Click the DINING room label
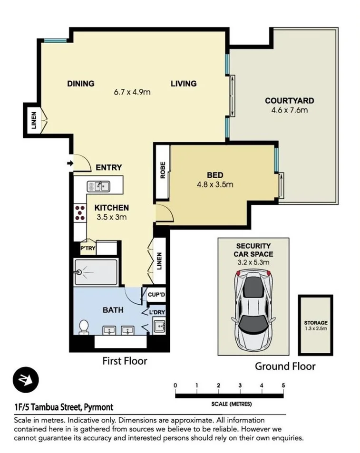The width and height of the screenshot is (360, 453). [x=80, y=84]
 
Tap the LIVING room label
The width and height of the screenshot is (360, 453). [x=184, y=84]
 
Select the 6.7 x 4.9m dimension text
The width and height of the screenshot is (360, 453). [x=132, y=92]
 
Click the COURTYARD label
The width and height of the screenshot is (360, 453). [x=289, y=101]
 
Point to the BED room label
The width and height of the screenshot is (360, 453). [x=215, y=175]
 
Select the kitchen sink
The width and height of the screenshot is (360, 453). [x=98, y=186]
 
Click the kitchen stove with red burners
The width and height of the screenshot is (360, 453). [x=79, y=213]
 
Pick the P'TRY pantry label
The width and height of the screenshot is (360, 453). [x=88, y=248]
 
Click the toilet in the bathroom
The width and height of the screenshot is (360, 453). [x=84, y=327]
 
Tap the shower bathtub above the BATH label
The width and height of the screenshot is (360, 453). [x=95, y=272]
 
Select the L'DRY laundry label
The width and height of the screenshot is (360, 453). [x=156, y=312]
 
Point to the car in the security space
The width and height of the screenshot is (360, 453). [x=253, y=302]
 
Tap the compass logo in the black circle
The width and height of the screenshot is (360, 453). [x=25, y=380]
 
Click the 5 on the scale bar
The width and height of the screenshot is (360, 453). [x=283, y=385]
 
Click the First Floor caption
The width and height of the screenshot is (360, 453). [x=125, y=361]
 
